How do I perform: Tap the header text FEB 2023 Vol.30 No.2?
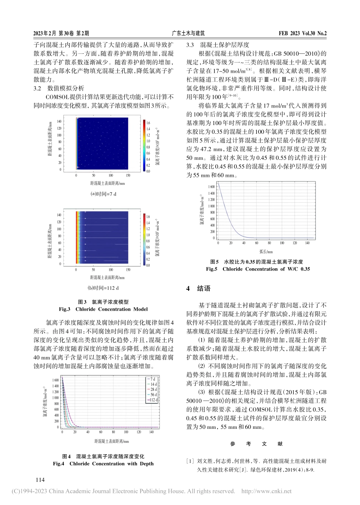pyautogui.click(x=302, y=33)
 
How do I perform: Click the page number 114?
pyautogui.click(x=40, y=480)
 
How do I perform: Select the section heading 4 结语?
pyautogui.click(x=198, y=288)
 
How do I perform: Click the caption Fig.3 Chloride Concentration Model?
pyautogui.click(x=103, y=309)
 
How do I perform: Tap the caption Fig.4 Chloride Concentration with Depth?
pyautogui.click(x=103, y=463)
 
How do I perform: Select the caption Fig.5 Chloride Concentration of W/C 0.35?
pyautogui.click(x=258, y=269)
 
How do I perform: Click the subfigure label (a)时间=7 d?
pyautogui.click(x=103, y=194)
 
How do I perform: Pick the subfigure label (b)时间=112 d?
pyautogui.click(x=103, y=288)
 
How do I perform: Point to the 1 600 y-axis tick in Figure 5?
pyautogui.click(x=211, y=187)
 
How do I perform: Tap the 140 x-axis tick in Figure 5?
pyautogui.click(x=307, y=243)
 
